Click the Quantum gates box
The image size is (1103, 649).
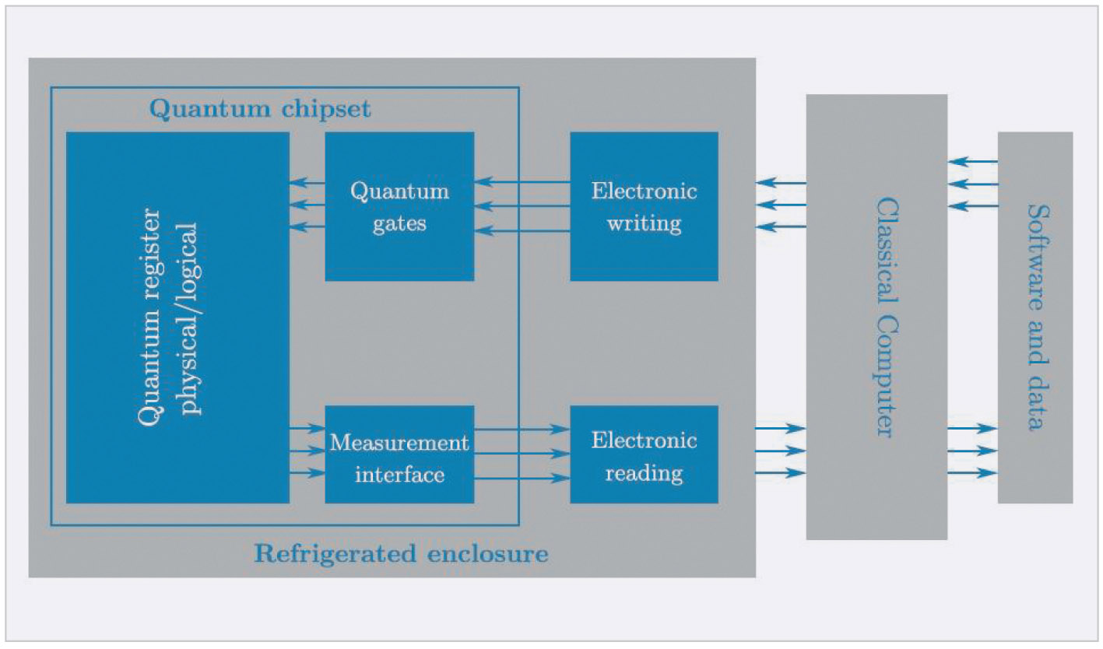[399, 206]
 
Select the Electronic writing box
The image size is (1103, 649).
[644, 206]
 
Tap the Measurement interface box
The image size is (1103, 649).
[399, 454]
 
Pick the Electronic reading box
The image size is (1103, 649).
[644, 454]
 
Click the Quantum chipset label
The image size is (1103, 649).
[260, 109]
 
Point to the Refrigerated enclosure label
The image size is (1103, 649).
[401, 554]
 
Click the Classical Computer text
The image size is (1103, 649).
[883, 317]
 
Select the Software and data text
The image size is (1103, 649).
[1035, 317]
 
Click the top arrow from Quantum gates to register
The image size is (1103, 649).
[307, 183]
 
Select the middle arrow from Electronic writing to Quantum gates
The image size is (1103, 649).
[522, 206]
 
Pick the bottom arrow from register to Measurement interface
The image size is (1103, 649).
[307, 472]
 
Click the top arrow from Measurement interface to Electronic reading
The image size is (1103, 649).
[522, 429]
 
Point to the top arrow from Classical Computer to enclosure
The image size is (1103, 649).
[780, 183]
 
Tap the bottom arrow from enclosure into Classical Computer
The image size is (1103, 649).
[780, 472]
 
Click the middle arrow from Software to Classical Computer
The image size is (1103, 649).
[972, 184]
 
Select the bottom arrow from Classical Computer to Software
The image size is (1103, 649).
[972, 472]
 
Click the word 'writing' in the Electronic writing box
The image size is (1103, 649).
[644, 224]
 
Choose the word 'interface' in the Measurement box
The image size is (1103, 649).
[399, 474]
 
